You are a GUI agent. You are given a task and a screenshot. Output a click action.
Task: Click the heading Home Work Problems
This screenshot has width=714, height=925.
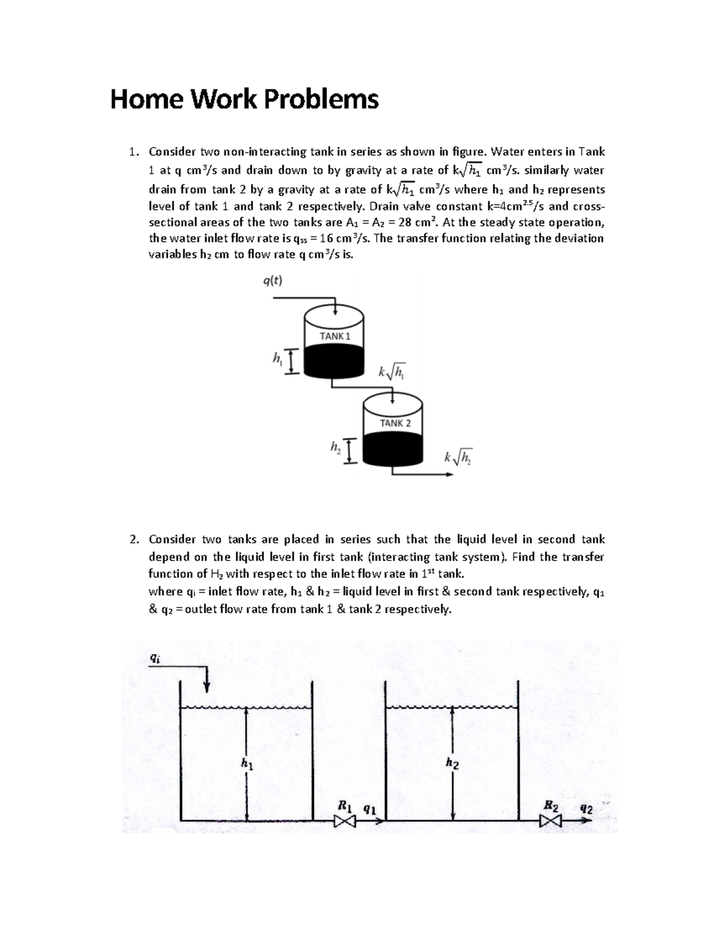[x=244, y=99]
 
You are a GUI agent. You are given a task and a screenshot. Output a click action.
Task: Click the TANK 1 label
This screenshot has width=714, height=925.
[x=335, y=336]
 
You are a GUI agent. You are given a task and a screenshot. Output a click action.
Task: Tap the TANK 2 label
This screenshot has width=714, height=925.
[x=395, y=423]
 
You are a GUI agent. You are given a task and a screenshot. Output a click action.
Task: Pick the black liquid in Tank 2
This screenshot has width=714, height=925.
[x=393, y=450]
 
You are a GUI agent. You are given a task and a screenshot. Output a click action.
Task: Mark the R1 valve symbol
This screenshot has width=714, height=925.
[x=344, y=821]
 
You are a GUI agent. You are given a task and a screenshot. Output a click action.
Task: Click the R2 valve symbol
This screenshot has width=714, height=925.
[x=551, y=821]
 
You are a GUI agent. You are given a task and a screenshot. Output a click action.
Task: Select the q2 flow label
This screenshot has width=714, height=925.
[x=586, y=809]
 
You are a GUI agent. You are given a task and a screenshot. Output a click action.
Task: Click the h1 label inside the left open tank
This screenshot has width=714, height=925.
[x=246, y=762]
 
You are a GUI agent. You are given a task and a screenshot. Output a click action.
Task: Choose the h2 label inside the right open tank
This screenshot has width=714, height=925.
[x=452, y=762]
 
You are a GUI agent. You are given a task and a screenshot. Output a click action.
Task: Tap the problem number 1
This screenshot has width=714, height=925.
[x=134, y=152]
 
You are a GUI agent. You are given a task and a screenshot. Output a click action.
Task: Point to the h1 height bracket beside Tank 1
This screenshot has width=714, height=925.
[x=292, y=362]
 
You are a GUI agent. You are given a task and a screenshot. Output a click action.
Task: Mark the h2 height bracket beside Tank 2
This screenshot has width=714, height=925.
[x=350, y=450]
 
